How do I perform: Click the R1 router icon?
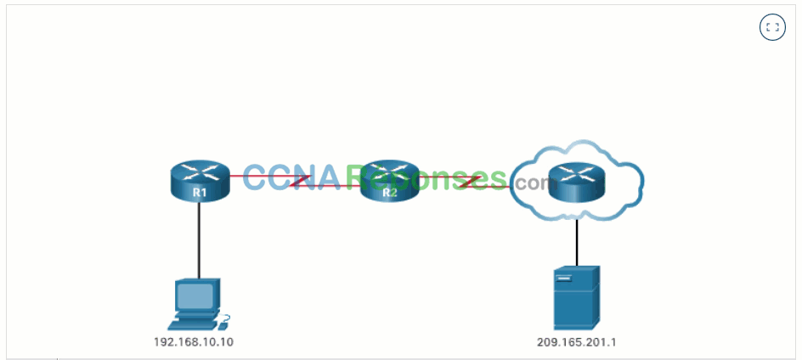coord(200,181)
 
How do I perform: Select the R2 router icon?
coord(389,181)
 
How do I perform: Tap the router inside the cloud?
coord(576,181)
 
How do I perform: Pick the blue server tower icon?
coord(576,298)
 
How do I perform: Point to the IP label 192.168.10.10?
coord(194,342)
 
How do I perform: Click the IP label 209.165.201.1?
coord(576,342)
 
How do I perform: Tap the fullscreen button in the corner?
coord(772,28)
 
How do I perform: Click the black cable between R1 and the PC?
coord(199,239)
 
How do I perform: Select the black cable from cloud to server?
coord(577,242)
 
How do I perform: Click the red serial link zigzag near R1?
coord(299,181)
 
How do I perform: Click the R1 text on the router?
coord(200,193)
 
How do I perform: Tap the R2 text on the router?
coord(389,193)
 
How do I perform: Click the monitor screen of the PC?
coord(195,296)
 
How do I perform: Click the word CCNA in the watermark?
coord(291,177)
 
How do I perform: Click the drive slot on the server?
coord(563,278)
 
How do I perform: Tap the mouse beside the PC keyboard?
coord(224,322)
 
